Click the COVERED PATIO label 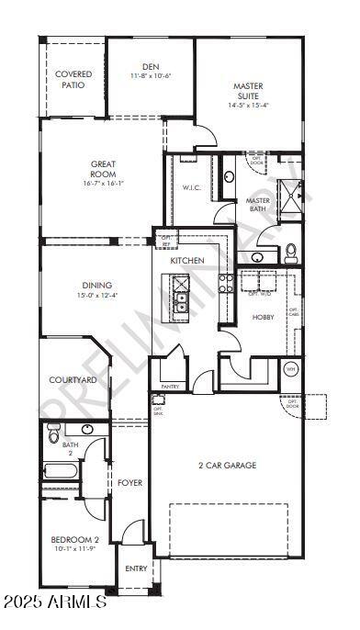point(73,79)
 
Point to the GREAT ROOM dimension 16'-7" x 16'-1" point(103,183)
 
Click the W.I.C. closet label point(192,189)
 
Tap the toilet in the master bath point(290,250)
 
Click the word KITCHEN point(187,261)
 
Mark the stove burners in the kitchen point(223,284)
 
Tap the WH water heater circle point(291,369)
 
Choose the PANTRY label point(170,387)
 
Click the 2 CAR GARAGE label point(228,466)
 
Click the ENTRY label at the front point(136,568)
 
